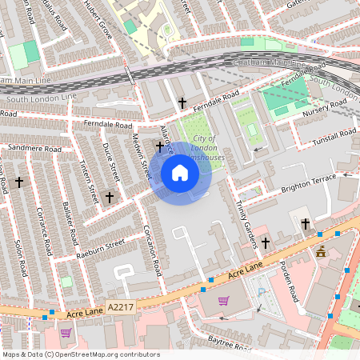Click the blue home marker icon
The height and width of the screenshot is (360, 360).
179,172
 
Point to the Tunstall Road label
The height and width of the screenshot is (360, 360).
334,136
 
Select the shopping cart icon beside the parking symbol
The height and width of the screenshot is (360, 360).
224,301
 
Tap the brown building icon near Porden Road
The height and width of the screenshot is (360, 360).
321,253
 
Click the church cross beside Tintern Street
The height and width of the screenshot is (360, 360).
110,196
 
